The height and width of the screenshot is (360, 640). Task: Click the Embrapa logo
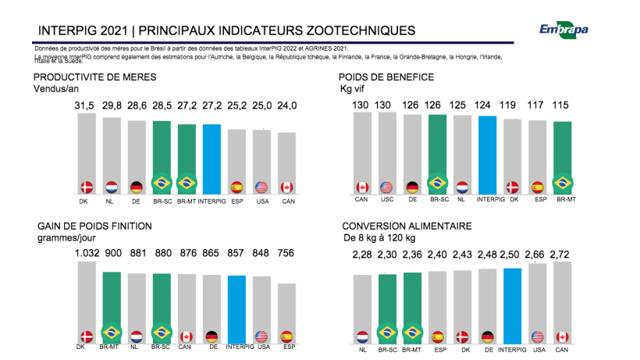pyautogui.click(x=564, y=30)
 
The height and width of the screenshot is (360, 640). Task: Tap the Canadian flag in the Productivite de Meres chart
pyautogui.click(x=287, y=187)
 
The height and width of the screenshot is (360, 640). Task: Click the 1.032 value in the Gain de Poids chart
pyautogui.click(x=86, y=253)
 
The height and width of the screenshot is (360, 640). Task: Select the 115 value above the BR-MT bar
pyautogui.click(x=562, y=105)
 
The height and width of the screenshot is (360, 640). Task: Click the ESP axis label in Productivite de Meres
pyautogui.click(x=236, y=199)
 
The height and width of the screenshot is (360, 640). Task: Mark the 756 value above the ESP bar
pyautogui.click(x=287, y=253)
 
